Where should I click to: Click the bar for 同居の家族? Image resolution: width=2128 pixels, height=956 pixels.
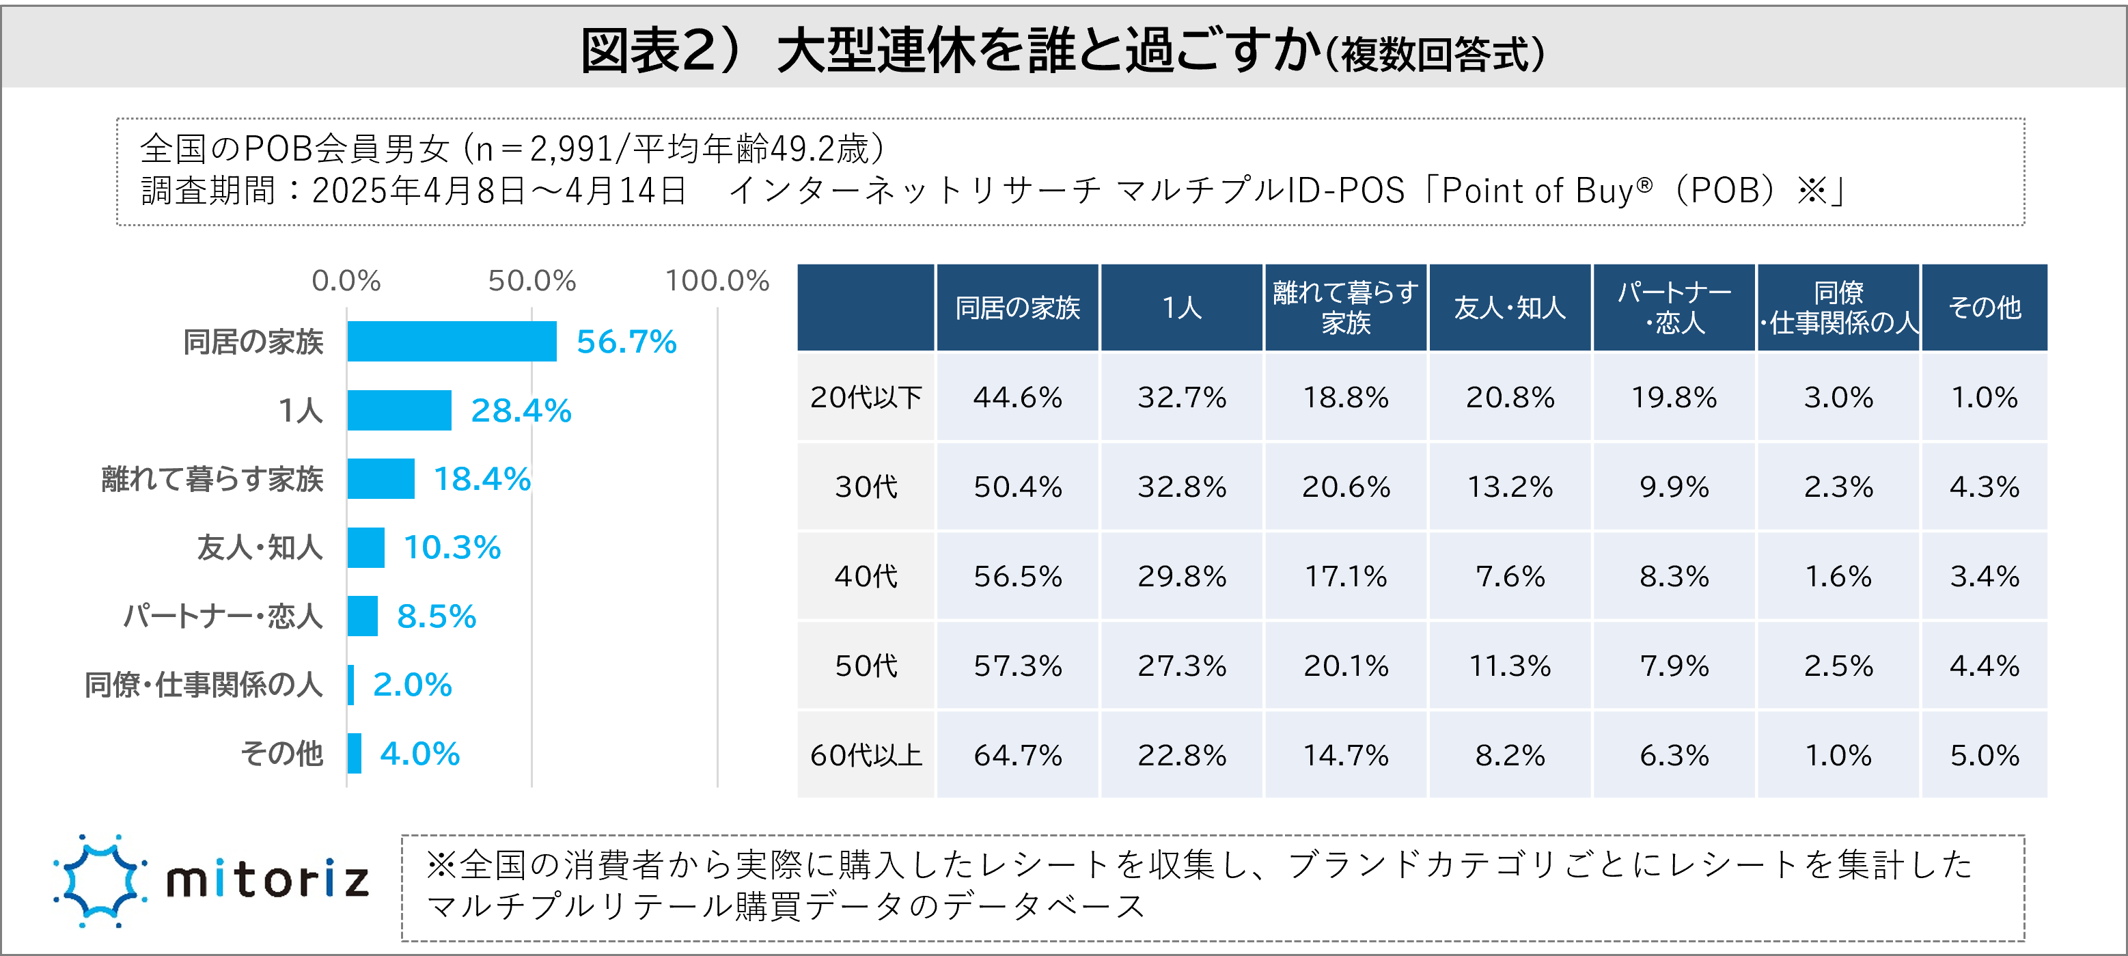(451, 341)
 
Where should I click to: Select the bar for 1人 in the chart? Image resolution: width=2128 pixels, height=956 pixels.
(399, 411)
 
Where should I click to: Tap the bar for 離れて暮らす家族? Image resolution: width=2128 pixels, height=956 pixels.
(380, 479)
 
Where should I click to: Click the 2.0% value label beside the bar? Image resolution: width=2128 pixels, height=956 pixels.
(412, 685)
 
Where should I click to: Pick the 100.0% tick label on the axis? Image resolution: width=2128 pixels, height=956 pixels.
(717, 281)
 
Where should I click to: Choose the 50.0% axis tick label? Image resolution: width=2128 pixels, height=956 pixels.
(531, 281)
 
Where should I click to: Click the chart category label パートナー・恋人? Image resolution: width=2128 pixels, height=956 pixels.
(223, 616)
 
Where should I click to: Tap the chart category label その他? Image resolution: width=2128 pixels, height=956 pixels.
(281, 754)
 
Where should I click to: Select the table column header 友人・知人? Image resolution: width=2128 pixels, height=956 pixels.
(1509, 308)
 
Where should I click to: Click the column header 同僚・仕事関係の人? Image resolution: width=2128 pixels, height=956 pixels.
(1838, 308)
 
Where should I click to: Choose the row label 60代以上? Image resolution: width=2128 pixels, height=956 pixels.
(866, 755)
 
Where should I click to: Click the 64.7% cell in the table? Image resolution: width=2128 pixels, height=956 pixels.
(1017, 755)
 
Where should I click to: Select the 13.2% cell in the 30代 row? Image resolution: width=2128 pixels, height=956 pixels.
(1509, 487)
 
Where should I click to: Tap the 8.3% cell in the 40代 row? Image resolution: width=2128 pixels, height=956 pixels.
(1674, 577)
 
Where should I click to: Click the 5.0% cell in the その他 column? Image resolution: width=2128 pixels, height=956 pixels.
(1985, 755)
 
